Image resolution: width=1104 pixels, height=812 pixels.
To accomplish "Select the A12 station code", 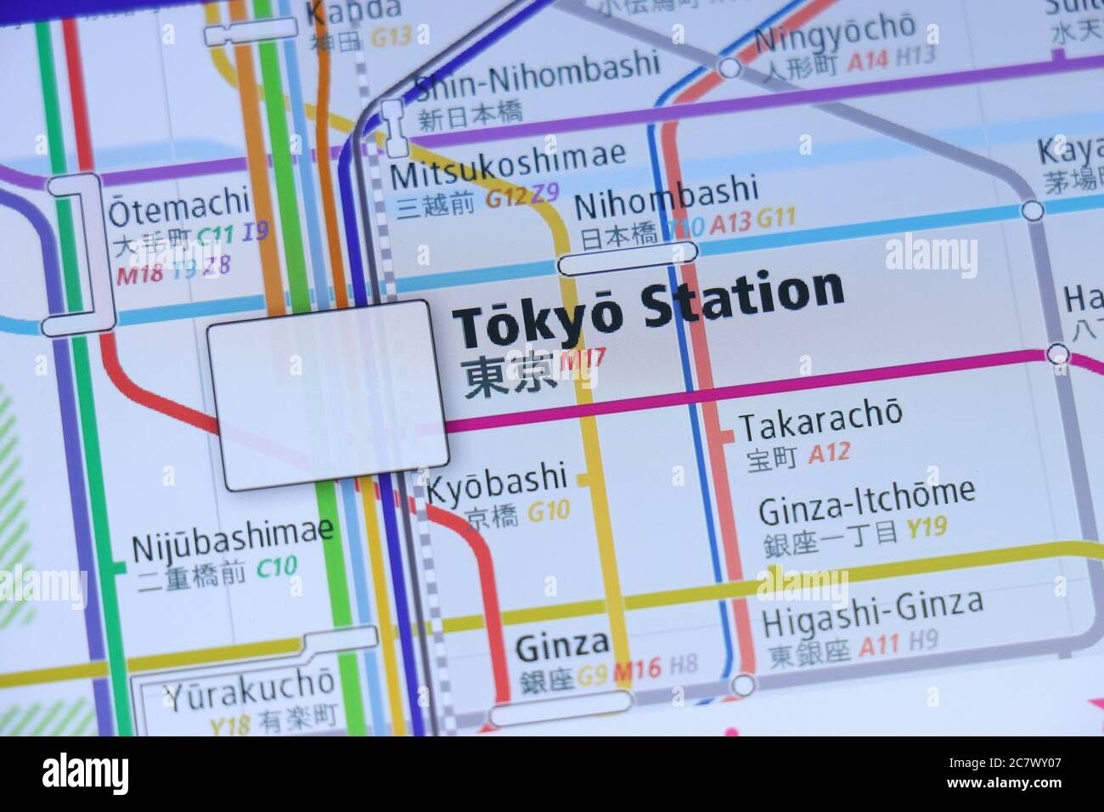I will [x=829, y=453].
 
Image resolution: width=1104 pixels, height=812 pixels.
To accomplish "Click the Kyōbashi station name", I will [x=496, y=481].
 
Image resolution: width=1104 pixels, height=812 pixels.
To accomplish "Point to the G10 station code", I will [x=549, y=511].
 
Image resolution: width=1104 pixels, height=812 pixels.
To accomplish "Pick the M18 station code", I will [x=138, y=274].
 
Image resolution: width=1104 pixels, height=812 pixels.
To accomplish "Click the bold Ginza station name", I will [x=561, y=647].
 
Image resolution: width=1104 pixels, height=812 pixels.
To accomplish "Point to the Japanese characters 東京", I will [x=508, y=376].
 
